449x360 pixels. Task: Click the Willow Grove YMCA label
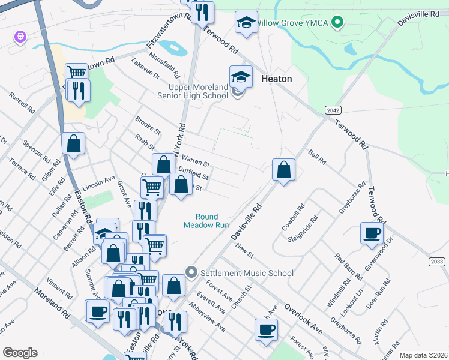tap(292, 23)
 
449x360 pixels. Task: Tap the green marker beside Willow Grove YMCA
tap(337, 23)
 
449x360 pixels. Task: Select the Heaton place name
tap(277, 79)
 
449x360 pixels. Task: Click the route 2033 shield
tap(438, 262)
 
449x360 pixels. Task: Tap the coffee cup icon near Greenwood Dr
tap(372, 233)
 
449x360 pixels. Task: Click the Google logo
tap(20, 353)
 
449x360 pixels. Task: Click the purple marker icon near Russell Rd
tap(20, 37)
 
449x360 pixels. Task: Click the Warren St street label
tap(196, 161)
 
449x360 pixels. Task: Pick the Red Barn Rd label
tap(348, 268)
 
